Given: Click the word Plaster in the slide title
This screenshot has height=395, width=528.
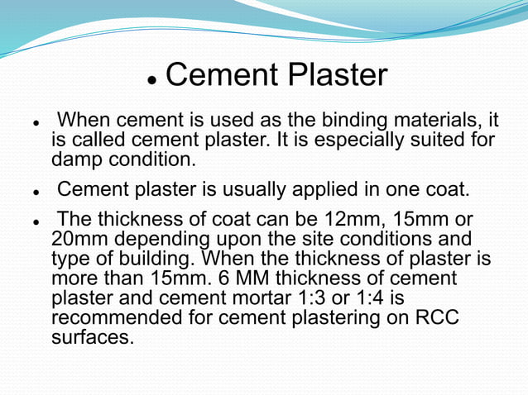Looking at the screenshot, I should [337, 75].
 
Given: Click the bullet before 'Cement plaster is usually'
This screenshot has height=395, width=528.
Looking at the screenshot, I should [37, 191].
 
